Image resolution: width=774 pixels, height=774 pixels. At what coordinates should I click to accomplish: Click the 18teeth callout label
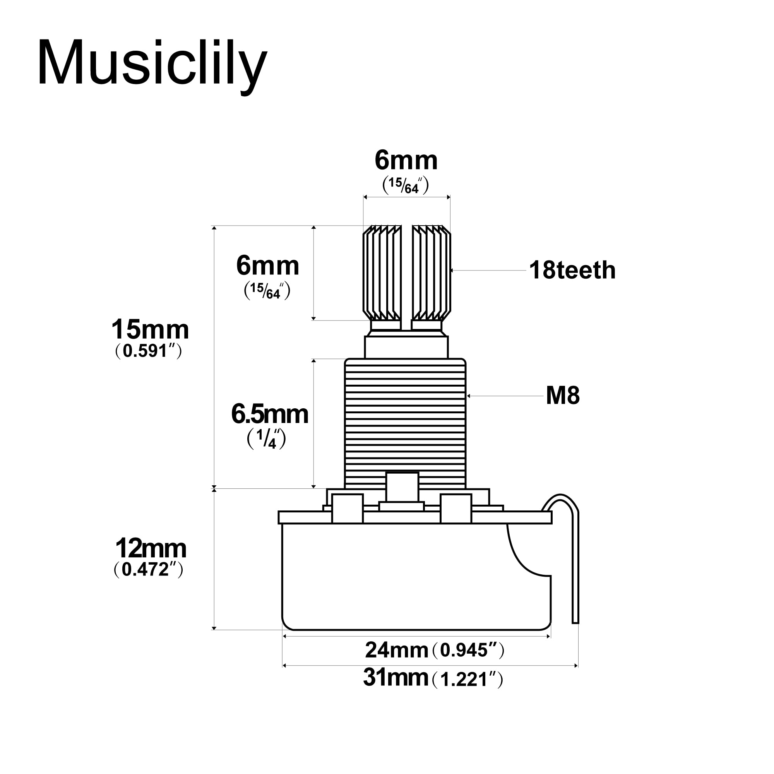pyautogui.click(x=572, y=271)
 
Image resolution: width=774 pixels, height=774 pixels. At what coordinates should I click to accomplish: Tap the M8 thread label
pyautogui.click(x=562, y=396)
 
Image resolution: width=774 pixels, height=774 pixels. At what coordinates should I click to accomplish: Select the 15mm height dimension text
pyautogui.click(x=150, y=330)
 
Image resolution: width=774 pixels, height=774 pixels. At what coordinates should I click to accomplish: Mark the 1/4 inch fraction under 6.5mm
pyautogui.click(x=266, y=439)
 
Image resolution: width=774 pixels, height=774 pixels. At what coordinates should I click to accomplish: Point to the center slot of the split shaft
pyautogui.click(x=406, y=276)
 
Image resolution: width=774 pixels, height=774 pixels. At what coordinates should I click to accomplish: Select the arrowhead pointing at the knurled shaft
pyautogui.click(x=452, y=271)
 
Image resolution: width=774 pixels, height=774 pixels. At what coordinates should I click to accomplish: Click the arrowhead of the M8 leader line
pyautogui.click(x=468, y=396)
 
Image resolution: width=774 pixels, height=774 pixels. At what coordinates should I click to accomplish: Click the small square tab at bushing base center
pyautogui.click(x=402, y=487)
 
